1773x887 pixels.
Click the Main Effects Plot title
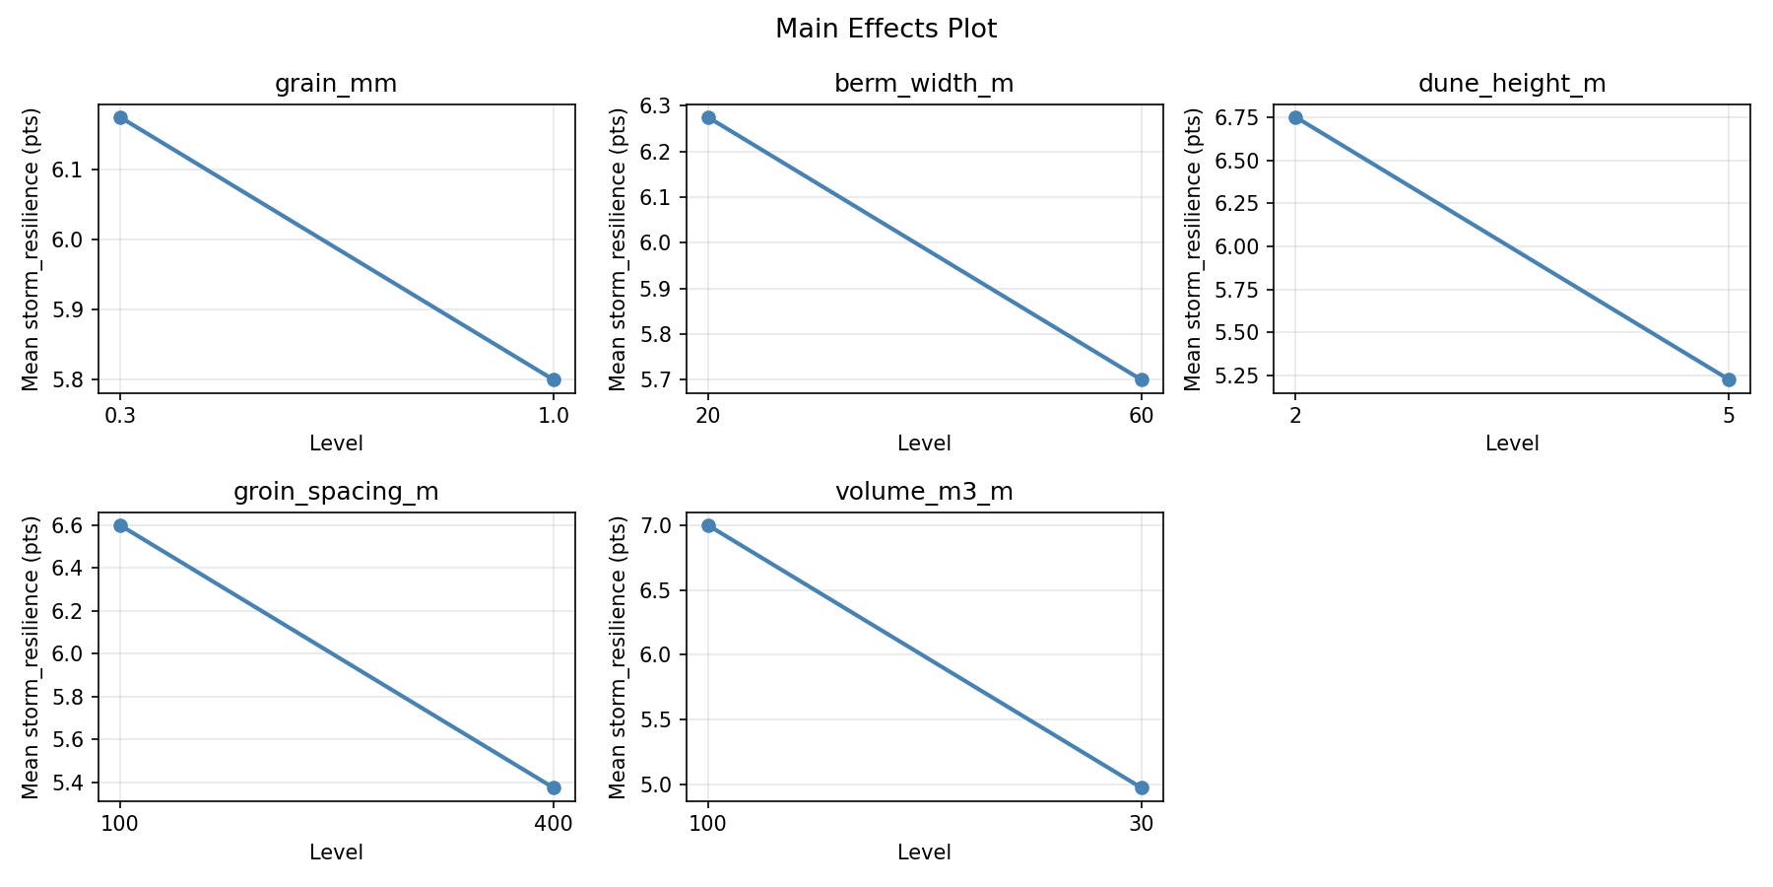pyautogui.click(x=886, y=29)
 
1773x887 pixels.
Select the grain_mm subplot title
pyautogui.click(x=336, y=84)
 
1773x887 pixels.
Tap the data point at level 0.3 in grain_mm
pyautogui.click(x=120, y=117)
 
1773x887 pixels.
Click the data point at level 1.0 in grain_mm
pyautogui.click(x=554, y=379)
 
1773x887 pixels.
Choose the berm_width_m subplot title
pyautogui.click(x=923, y=84)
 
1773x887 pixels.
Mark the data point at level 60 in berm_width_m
pyautogui.click(x=1142, y=379)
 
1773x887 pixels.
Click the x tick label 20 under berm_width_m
pyautogui.click(x=708, y=416)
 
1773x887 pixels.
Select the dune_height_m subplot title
pyautogui.click(x=1511, y=84)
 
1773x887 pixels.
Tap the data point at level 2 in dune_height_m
pyautogui.click(x=1295, y=117)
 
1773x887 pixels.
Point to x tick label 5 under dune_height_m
pyautogui.click(x=1729, y=416)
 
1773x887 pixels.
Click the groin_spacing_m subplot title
pyautogui.click(x=336, y=492)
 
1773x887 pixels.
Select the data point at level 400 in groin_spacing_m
pyautogui.click(x=554, y=787)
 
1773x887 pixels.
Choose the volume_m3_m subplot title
pyautogui.click(x=923, y=492)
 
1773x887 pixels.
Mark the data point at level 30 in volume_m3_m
pyautogui.click(x=1142, y=787)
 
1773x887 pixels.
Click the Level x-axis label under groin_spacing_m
pyautogui.click(x=336, y=853)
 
